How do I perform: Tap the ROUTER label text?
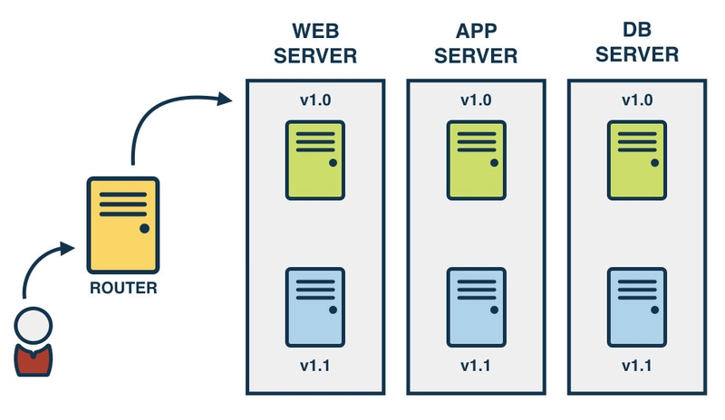click(x=123, y=289)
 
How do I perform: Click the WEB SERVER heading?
click(x=315, y=43)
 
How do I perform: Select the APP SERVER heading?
click(x=475, y=43)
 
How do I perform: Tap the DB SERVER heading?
click(x=637, y=43)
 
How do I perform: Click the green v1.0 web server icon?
click(x=315, y=160)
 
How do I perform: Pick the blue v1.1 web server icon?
click(x=315, y=306)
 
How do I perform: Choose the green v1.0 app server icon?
click(x=475, y=160)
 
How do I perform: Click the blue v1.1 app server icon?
click(x=475, y=306)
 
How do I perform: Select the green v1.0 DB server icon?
click(x=637, y=160)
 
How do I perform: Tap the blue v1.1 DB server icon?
click(x=637, y=306)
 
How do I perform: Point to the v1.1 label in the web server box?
click(x=314, y=367)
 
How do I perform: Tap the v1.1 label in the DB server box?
click(x=637, y=367)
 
